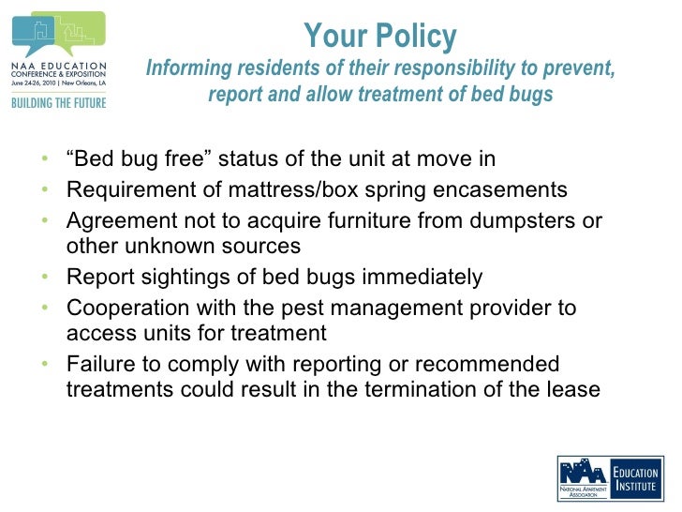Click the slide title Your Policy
point(380,38)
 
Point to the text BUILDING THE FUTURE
point(58,102)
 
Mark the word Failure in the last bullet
point(101,364)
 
